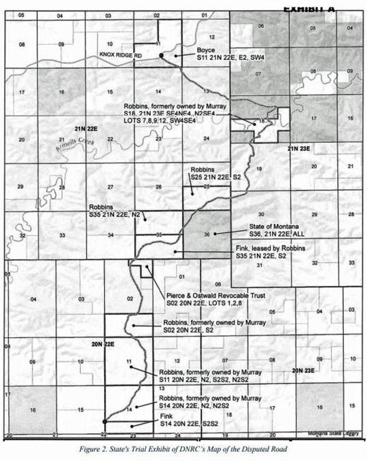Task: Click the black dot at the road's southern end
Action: tap(105, 422)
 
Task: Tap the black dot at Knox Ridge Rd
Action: tap(160, 54)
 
